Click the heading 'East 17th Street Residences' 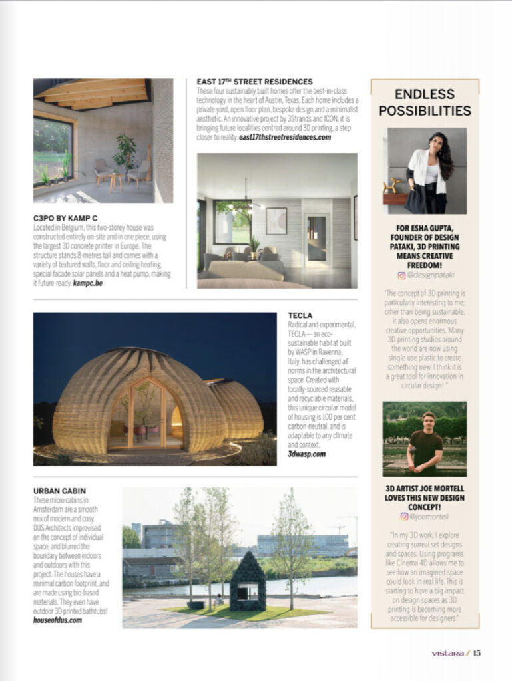point(254,82)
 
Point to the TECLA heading point(300,315)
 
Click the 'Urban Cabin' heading point(60,491)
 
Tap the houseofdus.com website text point(57,619)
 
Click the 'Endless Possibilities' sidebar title point(424,102)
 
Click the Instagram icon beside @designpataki point(401,275)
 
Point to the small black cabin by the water point(248,585)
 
